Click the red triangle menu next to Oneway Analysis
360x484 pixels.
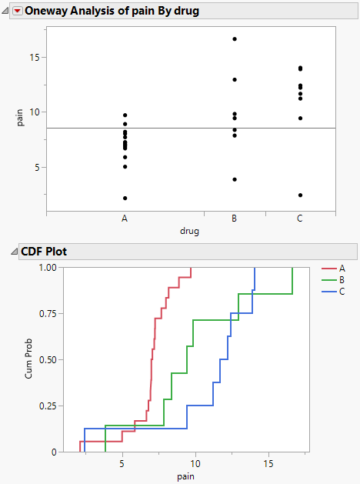17,12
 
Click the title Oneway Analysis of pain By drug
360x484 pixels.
112,12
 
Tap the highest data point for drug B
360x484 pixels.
235,38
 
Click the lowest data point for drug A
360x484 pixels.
125,198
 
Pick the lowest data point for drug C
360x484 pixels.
300,195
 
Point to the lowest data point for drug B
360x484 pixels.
235,179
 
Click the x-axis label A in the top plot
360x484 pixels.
125,219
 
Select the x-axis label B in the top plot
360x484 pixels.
235,219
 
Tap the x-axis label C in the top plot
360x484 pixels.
300,219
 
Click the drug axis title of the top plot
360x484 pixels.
191,231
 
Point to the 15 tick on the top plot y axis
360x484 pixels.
33,57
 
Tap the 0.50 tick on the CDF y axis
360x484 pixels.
47,359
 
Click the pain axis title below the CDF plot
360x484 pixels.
185,476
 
